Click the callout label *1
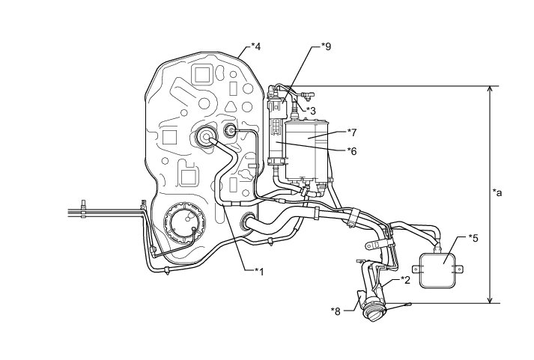point(258,270)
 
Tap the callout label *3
point(311,110)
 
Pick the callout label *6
point(351,150)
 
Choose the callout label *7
point(351,132)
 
